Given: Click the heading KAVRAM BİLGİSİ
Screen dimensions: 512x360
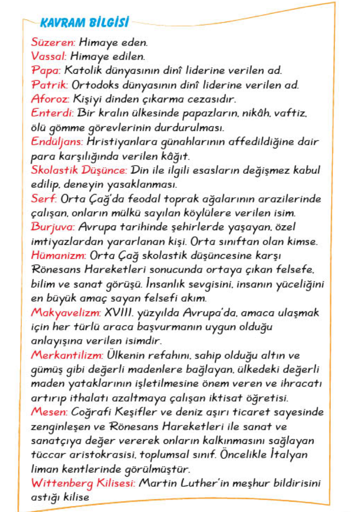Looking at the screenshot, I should click(x=85, y=22).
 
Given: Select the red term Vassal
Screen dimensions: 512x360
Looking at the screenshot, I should click(x=49, y=56).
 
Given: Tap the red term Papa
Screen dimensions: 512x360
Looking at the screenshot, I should click(x=46, y=71).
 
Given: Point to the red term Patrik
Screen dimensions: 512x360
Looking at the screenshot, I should click(x=50, y=85).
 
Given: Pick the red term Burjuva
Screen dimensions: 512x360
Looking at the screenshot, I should click(x=53, y=227).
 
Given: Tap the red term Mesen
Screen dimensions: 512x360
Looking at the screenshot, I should click(x=49, y=412).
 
